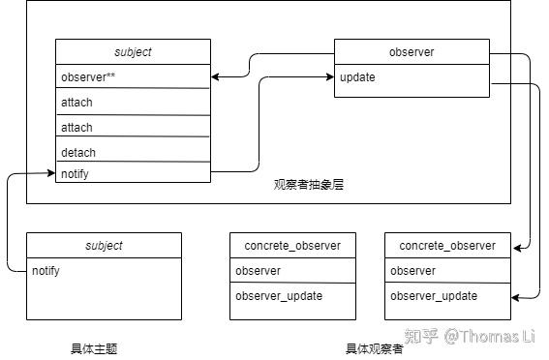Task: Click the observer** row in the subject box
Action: point(133,76)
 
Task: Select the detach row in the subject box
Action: point(133,152)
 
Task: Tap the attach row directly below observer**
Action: point(133,102)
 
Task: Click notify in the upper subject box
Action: point(133,173)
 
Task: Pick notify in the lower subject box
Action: point(104,271)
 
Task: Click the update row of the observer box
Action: point(412,77)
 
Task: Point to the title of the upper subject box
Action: point(133,51)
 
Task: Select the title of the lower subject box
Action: point(104,246)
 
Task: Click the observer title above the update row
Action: point(412,52)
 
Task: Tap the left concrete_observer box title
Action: point(292,246)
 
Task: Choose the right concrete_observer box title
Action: point(447,246)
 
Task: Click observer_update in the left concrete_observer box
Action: point(292,296)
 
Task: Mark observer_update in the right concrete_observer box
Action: point(447,296)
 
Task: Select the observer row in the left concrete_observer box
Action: point(292,271)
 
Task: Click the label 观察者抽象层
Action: point(308,184)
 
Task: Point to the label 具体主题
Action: point(94,348)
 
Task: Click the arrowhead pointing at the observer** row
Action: point(216,76)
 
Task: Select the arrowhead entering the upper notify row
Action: point(50,173)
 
